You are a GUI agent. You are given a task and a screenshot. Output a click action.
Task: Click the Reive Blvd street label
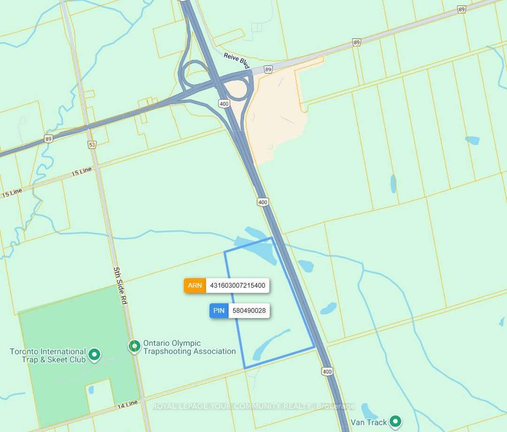click(x=237, y=61)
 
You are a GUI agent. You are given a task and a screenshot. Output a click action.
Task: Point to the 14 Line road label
click(x=126, y=403)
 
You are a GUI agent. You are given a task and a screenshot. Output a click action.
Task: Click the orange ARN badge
click(x=195, y=285)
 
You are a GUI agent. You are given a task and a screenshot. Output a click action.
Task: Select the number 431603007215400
click(x=238, y=285)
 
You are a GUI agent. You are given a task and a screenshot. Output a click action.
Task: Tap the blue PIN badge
click(x=219, y=311)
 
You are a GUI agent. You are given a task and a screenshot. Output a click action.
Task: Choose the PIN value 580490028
click(x=249, y=311)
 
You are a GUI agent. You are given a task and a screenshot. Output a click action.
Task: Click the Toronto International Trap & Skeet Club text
click(x=48, y=355)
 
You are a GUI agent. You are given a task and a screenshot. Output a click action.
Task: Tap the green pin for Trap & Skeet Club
click(x=95, y=355)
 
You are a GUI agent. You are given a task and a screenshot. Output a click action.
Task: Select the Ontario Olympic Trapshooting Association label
click(x=189, y=347)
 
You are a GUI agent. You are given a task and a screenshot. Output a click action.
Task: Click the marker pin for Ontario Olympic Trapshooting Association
click(x=134, y=347)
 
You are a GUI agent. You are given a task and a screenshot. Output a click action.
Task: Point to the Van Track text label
click(x=370, y=422)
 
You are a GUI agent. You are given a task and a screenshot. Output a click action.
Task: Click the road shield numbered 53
click(x=92, y=144)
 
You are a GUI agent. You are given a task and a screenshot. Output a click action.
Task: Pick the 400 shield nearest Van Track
click(x=327, y=371)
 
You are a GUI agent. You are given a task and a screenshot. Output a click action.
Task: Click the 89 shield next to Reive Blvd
click(x=268, y=69)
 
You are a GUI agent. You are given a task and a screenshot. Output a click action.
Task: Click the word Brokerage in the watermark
click(x=336, y=406)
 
